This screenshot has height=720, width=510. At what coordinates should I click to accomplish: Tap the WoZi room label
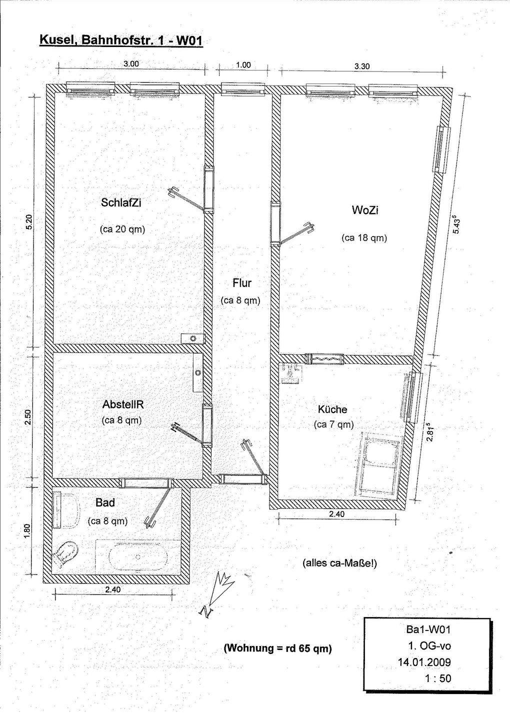[x=365, y=210]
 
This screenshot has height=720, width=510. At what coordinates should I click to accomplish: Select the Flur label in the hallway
[x=242, y=283]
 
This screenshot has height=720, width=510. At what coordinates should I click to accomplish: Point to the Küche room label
[x=332, y=409]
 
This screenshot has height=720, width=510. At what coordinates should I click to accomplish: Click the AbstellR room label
[x=123, y=404]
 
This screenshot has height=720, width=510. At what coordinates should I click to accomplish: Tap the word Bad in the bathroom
[x=105, y=502]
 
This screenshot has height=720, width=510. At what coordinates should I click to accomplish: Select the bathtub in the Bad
[x=137, y=555]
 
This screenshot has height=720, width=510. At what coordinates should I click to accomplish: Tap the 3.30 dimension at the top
[x=361, y=65]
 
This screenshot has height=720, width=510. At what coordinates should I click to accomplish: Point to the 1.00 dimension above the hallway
[x=243, y=65]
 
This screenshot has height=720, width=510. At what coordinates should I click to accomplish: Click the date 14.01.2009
[x=424, y=662]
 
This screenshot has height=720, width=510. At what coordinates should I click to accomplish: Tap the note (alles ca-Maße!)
[x=339, y=563]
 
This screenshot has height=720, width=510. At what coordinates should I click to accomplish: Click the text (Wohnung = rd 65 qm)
[x=277, y=648]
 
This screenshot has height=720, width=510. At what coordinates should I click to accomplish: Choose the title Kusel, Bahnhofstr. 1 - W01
[x=120, y=40]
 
